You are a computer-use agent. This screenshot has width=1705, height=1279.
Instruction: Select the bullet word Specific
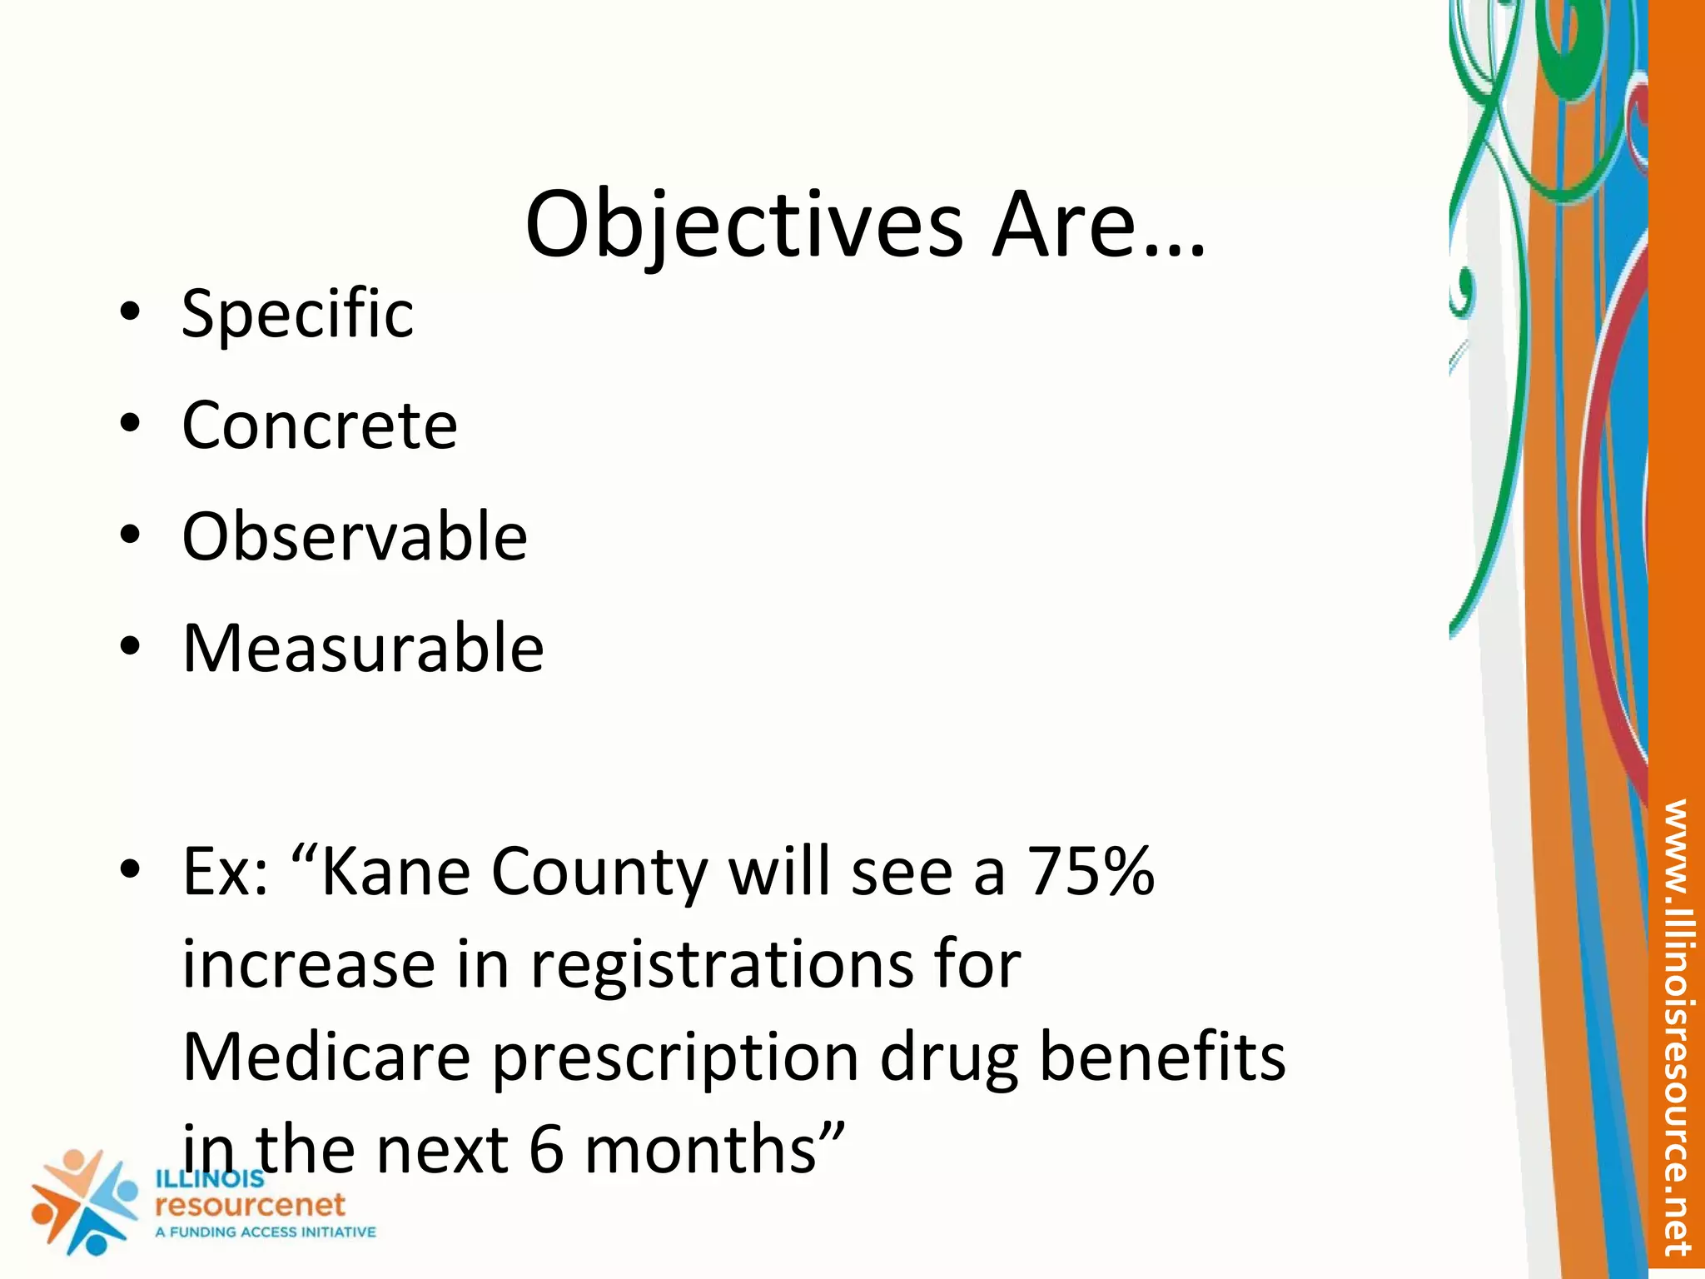297,314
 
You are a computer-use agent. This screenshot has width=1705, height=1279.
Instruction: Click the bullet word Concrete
320,426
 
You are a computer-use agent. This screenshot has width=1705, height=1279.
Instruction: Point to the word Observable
355,537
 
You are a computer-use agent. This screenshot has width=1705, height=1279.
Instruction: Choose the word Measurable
363,649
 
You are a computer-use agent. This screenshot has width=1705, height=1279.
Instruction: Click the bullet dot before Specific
130,312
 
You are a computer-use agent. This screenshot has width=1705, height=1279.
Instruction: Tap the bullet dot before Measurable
130,647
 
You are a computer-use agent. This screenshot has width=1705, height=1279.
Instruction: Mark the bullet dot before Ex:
130,869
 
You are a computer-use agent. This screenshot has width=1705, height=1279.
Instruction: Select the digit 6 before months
546,1150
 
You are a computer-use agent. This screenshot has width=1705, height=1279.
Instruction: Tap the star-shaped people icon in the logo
83,1201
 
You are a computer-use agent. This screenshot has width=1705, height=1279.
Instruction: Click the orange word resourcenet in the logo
250,1205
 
